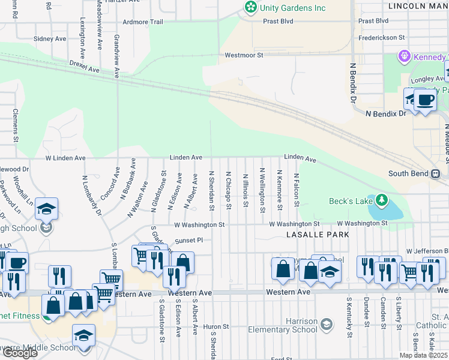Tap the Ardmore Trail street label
click(142, 22)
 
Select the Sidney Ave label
click(50, 38)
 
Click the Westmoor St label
click(244, 55)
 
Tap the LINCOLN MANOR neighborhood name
click(418, 6)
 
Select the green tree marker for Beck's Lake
click(381, 200)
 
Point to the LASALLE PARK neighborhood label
click(318, 235)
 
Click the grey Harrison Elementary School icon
click(327, 325)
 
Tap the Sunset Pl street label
click(190, 241)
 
